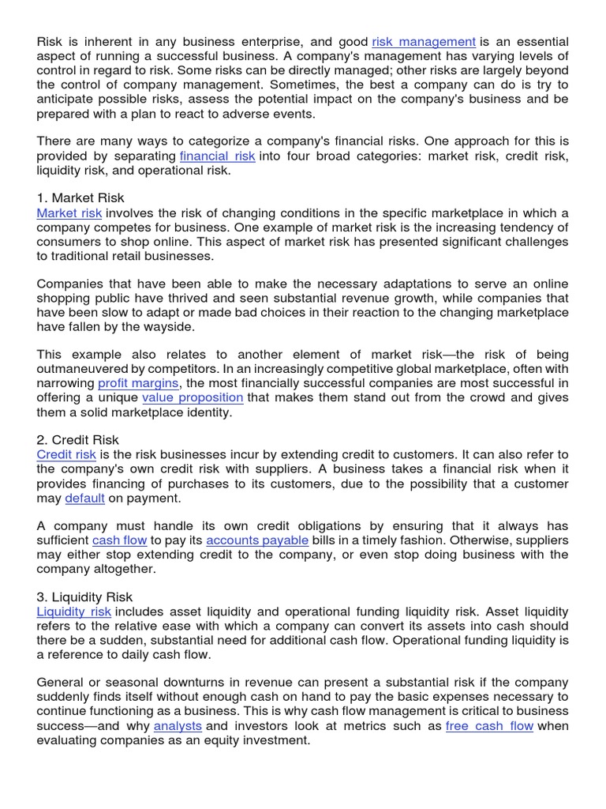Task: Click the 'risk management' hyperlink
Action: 424,41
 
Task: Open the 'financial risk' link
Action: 217,156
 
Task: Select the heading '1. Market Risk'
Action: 80,198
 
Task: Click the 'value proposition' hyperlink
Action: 193,397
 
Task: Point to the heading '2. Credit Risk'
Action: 78,440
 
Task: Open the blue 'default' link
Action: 84,498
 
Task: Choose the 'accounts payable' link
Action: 257,540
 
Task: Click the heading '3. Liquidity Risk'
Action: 84,597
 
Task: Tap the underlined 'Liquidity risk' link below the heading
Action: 74,611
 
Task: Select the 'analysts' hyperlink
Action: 178,726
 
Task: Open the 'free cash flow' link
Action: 489,726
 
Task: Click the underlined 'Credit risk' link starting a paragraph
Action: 66,454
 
